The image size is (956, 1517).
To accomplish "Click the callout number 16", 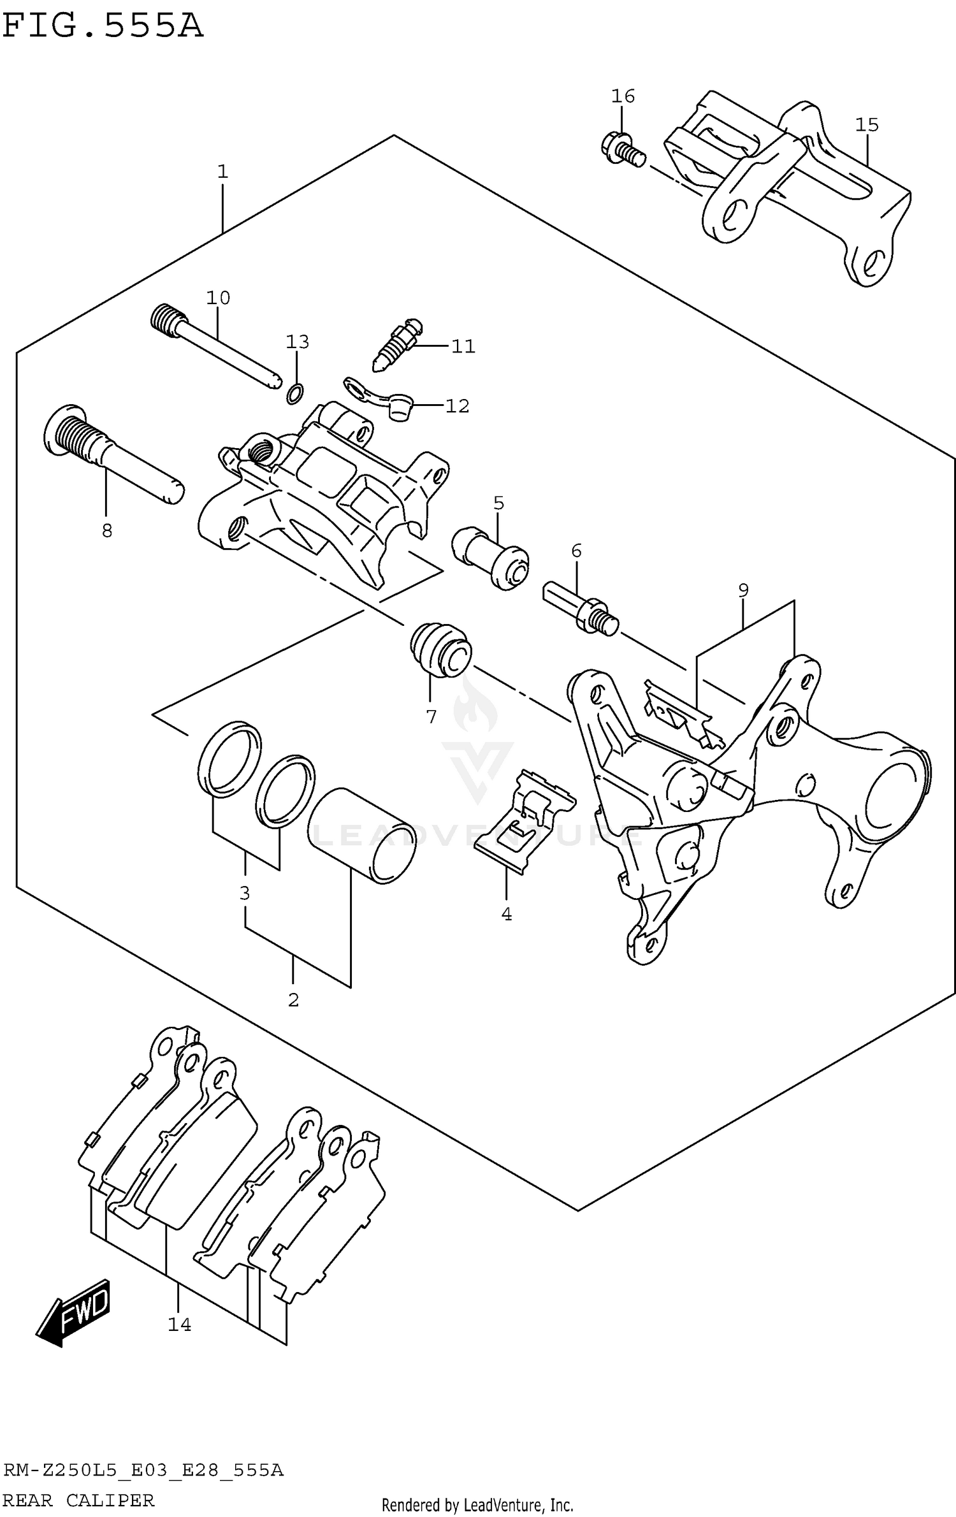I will pyautogui.click(x=623, y=96).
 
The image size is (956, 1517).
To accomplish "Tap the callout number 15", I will pyautogui.click(x=867, y=125).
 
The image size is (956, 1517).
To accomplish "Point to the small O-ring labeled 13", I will pyautogui.click(x=294, y=394).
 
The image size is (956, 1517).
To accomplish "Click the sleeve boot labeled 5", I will pyautogui.click(x=491, y=558).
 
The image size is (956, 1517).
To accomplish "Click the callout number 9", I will pyautogui.click(x=743, y=590).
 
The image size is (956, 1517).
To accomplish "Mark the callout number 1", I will pyautogui.click(x=222, y=171).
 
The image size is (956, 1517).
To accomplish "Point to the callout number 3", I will pyautogui.click(x=245, y=894).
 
